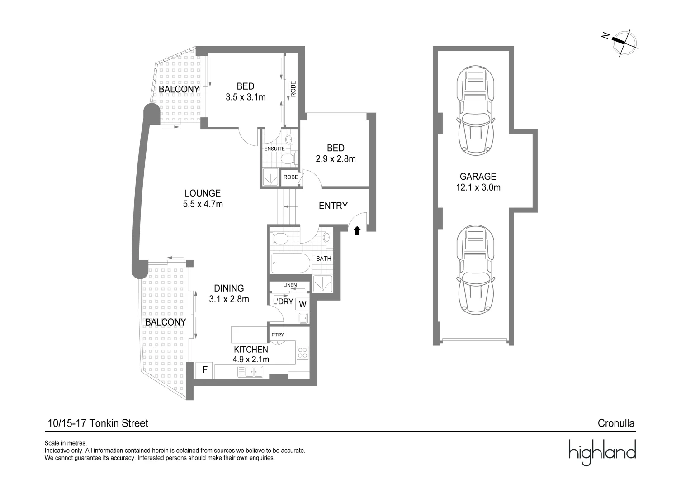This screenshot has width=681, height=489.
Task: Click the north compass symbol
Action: tap(623, 43)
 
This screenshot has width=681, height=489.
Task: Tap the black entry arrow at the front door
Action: tap(357, 231)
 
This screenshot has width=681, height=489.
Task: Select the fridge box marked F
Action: tap(205, 370)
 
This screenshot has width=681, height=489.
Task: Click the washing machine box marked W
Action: tap(303, 304)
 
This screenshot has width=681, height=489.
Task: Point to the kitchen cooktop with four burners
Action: tap(303, 352)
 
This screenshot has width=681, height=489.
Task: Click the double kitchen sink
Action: tap(250, 372)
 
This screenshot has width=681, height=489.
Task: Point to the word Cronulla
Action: tap(616, 423)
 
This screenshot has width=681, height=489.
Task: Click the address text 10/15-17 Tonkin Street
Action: tap(98, 423)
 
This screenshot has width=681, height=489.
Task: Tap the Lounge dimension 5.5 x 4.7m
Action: tap(203, 204)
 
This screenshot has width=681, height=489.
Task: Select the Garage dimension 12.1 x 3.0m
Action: tap(478, 187)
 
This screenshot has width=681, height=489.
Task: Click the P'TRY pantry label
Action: tap(278, 335)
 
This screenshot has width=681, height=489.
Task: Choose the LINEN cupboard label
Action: tap(290, 285)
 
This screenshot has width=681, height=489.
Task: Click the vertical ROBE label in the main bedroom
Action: tap(293, 89)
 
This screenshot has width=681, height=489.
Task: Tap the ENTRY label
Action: tap(333, 206)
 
